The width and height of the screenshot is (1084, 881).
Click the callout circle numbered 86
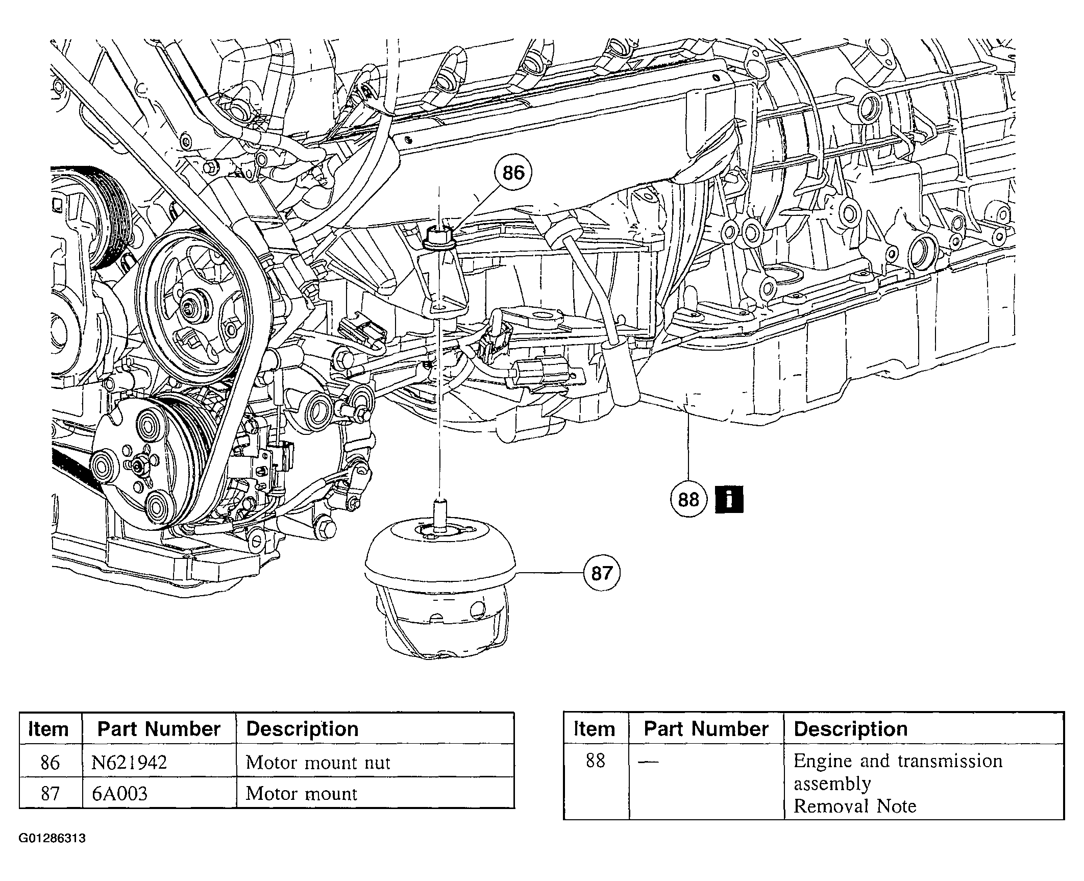513,174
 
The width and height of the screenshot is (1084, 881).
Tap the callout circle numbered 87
602,573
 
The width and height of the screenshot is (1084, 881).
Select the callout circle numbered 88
688,499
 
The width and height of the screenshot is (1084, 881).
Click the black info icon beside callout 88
729,499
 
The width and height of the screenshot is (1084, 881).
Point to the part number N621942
129,763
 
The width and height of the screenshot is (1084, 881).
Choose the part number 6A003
119,794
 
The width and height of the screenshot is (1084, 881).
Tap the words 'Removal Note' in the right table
855,806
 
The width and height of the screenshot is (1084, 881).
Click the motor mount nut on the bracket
439,238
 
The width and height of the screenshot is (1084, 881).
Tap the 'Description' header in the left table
302,729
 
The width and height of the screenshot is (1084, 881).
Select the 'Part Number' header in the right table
706,729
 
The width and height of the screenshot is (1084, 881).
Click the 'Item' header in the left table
48,729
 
